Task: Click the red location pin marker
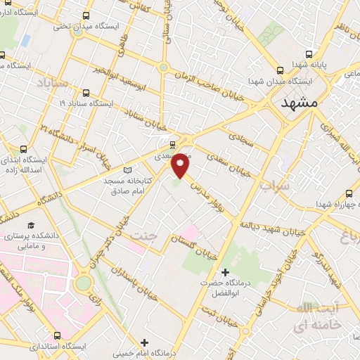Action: pos(181,165)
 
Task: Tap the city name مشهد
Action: pos(299,103)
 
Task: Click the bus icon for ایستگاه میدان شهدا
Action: pos(281,70)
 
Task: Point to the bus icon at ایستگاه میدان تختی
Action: pos(86,15)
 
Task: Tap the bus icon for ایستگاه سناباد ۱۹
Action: pos(86,92)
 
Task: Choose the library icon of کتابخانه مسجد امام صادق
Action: pos(127,169)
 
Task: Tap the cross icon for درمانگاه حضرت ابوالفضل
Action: pos(225,271)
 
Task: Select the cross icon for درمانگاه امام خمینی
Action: pos(145,342)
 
